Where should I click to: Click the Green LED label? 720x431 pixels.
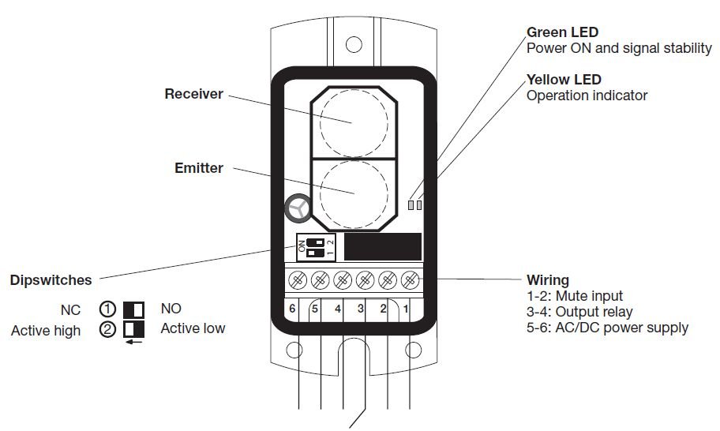tap(562, 32)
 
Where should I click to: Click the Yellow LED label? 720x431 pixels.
tap(564, 80)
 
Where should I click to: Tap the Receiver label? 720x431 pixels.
tap(193, 95)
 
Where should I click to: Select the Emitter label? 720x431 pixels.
tap(199, 168)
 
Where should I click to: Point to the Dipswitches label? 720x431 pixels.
tap(51, 280)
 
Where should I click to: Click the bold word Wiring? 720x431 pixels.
tap(547, 280)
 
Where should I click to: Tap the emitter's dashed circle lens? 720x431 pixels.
tap(352, 193)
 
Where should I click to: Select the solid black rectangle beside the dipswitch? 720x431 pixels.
tap(383, 247)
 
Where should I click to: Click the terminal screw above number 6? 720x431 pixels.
tap(298, 279)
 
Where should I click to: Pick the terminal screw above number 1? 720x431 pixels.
tap(410, 279)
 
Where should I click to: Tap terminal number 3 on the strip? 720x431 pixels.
tap(360, 309)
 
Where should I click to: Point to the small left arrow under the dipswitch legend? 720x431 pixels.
tap(133, 343)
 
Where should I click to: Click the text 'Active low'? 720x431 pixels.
tap(193, 328)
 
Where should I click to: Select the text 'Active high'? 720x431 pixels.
tap(46, 331)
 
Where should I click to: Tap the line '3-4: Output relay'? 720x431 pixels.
tap(579, 312)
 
